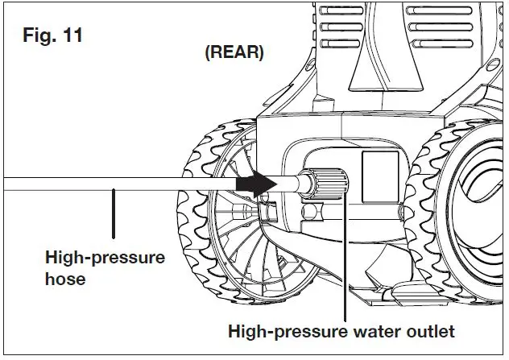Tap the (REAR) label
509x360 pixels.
click(234, 53)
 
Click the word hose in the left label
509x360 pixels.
click(65, 279)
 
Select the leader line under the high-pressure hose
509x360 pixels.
click(114, 213)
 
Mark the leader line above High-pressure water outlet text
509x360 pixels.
click(345, 258)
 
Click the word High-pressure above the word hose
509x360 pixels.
click(106, 259)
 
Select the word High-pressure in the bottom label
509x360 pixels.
click(275, 331)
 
